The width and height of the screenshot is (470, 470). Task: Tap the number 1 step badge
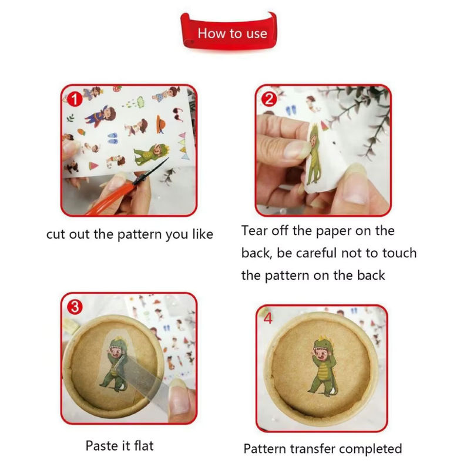pos(75,99)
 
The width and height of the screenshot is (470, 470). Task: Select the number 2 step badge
pos(269,99)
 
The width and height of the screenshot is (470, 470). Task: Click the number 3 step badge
pos(75,307)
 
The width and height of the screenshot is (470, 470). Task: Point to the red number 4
pos(268,318)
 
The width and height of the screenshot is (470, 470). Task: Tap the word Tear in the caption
pos(254,230)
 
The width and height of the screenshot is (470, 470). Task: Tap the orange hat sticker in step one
pos(161,124)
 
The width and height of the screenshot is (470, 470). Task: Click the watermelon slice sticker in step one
pos(93,165)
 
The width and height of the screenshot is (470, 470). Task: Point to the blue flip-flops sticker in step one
pos(113,138)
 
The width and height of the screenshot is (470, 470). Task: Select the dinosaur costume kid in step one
pos(152,153)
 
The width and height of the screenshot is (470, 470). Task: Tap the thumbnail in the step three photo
pos(180,400)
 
